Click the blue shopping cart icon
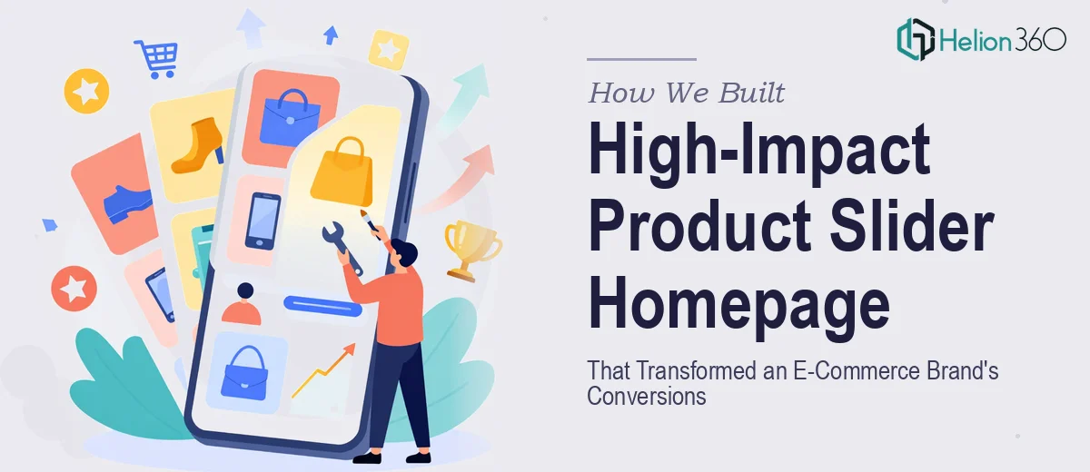click(157, 58)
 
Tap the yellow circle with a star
click(86, 91)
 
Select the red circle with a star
click(74, 289)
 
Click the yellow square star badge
click(389, 50)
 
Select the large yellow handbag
click(342, 172)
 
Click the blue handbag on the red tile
click(290, 118)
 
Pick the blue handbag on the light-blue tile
click(245, 373)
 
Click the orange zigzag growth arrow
click(323, 370)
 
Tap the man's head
click(404, 252)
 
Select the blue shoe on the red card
click(127, 203)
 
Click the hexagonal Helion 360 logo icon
click(916, 39)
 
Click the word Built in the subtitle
click(751, 93)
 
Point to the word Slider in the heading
click(911, 227)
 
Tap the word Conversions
click(646, 396)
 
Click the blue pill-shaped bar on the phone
click(322, 306)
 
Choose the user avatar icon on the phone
click(242, 304)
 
